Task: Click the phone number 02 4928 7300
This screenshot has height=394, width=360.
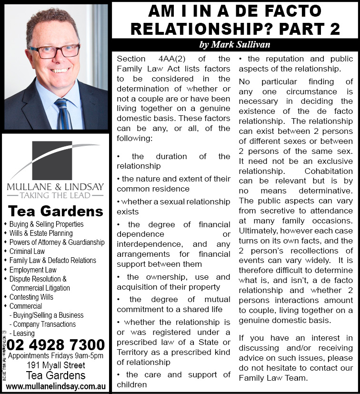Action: [x=56, y=344]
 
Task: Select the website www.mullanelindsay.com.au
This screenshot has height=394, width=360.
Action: [x=56, y=385]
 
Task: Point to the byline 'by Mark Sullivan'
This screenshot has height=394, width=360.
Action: [x=235, y=45]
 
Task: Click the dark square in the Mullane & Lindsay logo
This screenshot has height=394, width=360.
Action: [x=52, y=160]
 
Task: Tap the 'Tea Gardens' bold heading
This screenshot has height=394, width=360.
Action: [x=56, y=211]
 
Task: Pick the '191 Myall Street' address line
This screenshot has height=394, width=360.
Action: [x=56, y=365]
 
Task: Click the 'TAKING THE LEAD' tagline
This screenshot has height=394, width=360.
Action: [x=55, y=194]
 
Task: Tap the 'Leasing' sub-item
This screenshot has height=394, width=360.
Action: [x=23, y=333]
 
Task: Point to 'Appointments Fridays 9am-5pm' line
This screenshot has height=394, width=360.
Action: [x=56, y=356]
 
